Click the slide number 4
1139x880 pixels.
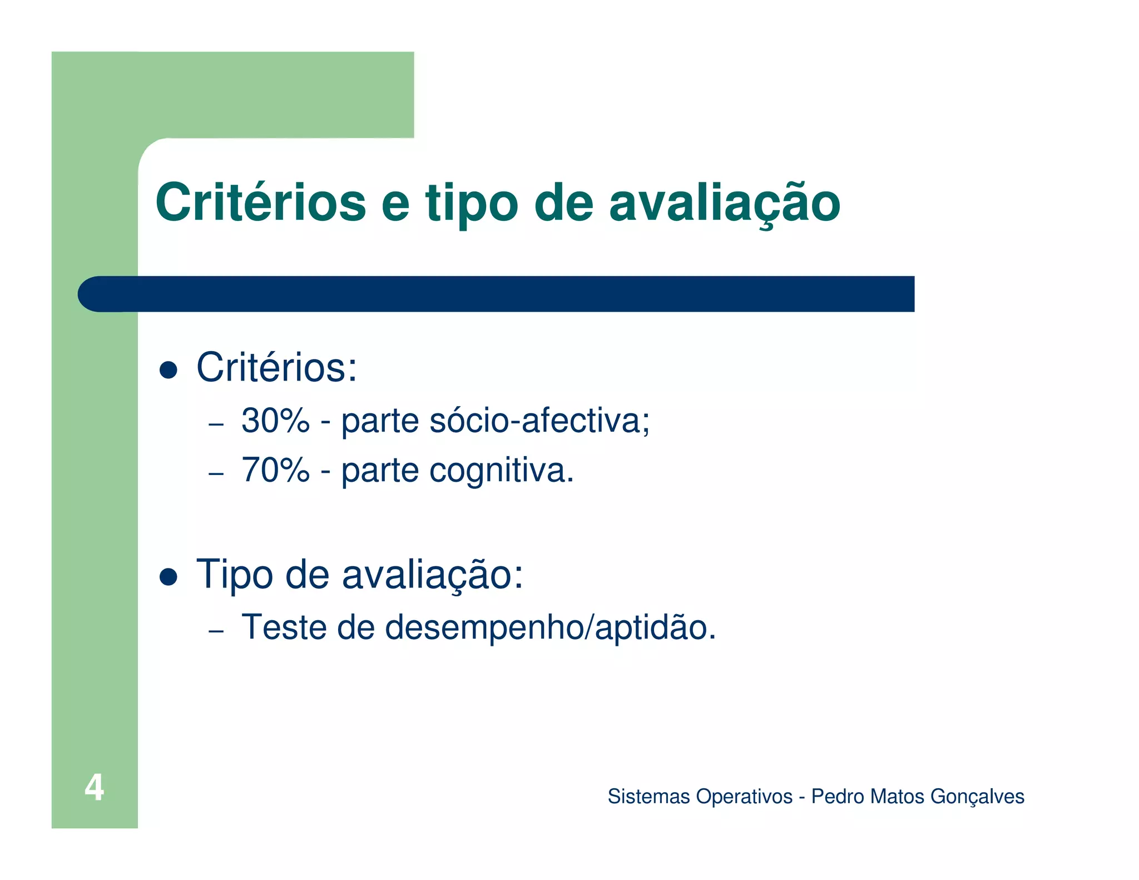pos(94,787)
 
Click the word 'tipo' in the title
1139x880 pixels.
pos(472,204)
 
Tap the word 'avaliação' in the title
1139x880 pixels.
pos(724,204)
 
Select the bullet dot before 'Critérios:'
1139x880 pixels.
pos(168,370)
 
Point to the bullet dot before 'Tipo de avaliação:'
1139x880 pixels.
pos(168,577)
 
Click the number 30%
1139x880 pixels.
pos(275,421)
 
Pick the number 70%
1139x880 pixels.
pos(275,470)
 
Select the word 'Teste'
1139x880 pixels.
pos(284,627)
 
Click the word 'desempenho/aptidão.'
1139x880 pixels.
pos(550,628)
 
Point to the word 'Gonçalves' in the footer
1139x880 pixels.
pos(977,797)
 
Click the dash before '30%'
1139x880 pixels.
pos(216,424)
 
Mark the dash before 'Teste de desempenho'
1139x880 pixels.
pos(216,631)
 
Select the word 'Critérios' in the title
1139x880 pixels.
pos(260,202)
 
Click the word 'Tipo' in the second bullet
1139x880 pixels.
pos(234,575)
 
